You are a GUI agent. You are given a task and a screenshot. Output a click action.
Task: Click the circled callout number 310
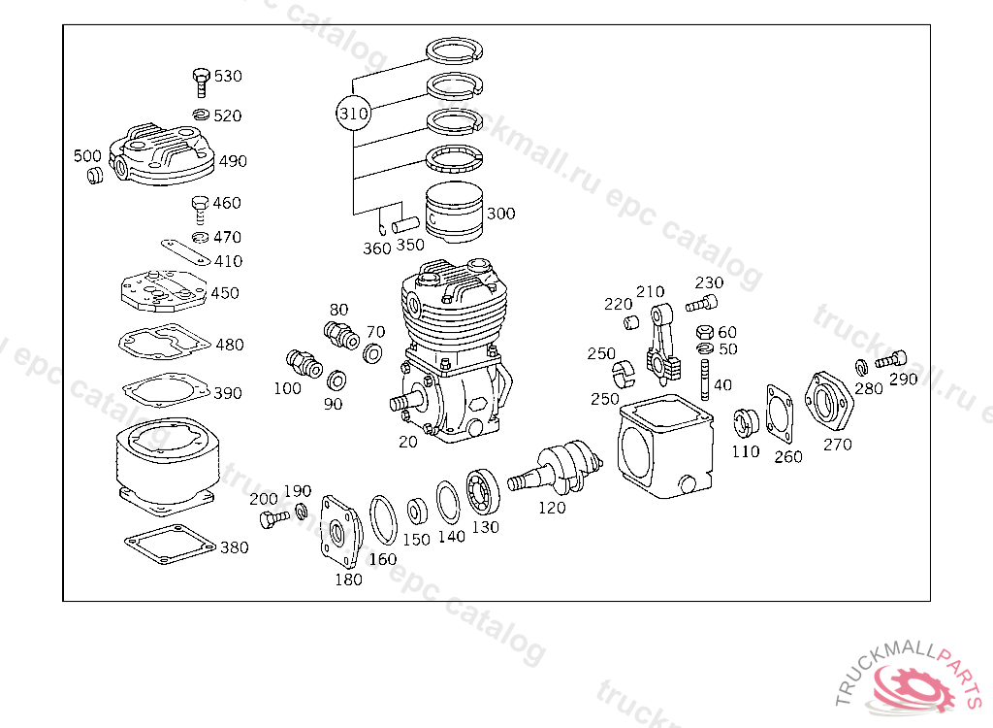(x=353, y=114)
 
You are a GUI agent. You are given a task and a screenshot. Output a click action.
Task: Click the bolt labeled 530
(x=201, y=82)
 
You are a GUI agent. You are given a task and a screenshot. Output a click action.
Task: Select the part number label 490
(x=233, y=161)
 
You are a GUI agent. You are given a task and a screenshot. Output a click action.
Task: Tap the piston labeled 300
(x=454, y=212)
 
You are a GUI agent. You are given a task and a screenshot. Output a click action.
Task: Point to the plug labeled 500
(x=95, y=175)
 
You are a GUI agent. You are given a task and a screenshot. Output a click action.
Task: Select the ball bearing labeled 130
(x=483, y=493)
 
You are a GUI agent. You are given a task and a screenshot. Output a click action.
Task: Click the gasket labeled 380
(x=171, y=545)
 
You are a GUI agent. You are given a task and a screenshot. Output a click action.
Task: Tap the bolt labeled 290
(x=891, y=360)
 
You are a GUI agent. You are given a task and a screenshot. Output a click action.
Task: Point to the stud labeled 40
(x=704, y=380)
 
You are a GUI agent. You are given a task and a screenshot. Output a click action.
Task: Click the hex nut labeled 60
(x=705, y=332)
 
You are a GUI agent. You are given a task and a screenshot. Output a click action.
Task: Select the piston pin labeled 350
(x=405, y=224)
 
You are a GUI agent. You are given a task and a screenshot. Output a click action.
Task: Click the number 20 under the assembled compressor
(x=408, y=442)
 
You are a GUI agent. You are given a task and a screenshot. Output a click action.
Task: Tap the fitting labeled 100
(x=304, y=362)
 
